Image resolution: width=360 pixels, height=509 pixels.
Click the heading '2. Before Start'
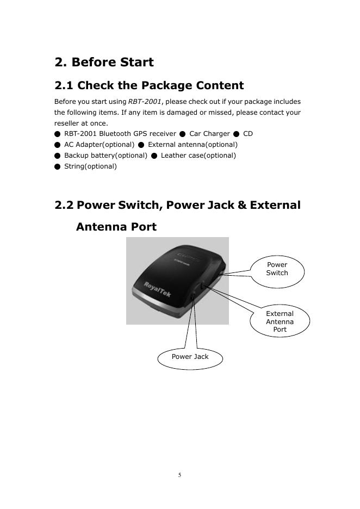104,62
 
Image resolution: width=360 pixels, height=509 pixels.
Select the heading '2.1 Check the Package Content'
149,85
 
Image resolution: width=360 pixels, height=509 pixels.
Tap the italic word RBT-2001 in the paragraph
145,102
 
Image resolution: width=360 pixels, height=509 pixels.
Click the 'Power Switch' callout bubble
277,269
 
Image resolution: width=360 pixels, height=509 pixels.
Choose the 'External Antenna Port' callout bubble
280,321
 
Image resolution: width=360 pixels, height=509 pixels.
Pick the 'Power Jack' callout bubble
190,357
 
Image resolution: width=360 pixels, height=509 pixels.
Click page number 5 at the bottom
179,475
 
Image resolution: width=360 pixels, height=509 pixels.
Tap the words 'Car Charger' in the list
209,134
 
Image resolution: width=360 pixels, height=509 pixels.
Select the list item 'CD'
248,134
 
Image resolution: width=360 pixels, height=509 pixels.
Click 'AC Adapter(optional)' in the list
99,145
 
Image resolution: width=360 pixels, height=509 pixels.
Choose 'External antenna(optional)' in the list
193,145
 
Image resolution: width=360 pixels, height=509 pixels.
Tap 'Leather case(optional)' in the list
198,156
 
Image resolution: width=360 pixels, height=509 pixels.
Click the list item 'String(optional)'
90,166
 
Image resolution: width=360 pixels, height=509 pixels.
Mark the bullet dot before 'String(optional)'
57,166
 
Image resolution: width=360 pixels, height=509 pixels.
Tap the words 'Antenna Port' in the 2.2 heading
116,227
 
